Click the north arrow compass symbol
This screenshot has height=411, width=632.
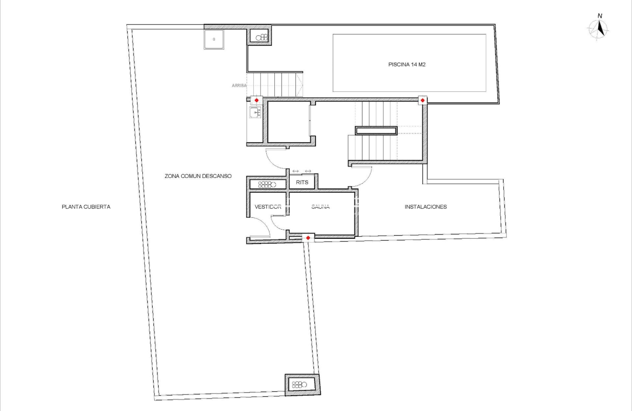pos(599,29)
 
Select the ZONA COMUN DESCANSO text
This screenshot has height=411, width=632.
pos(198,176)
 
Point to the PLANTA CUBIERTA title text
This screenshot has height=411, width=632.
pos(86,207)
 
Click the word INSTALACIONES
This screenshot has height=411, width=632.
pos(426,207)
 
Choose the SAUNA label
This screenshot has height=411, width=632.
pos(321,207)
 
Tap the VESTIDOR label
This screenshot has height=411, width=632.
pos(268,207)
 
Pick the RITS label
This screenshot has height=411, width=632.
pos(302,183)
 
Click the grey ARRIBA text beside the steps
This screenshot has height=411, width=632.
pos(239,85)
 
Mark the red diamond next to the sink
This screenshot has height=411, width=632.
pos(257,100)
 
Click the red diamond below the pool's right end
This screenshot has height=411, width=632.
pos(423,100)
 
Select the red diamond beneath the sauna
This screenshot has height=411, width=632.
pos(308,238)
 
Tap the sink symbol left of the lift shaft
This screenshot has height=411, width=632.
pos(255,113)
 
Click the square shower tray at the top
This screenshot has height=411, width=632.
pos(214,39)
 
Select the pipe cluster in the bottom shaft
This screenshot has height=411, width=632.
pos(300,384)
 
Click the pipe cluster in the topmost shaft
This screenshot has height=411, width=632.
pos(261,37)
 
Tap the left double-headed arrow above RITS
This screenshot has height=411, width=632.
pos(295,171)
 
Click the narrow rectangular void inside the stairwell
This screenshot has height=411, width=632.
pos(376,131)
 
